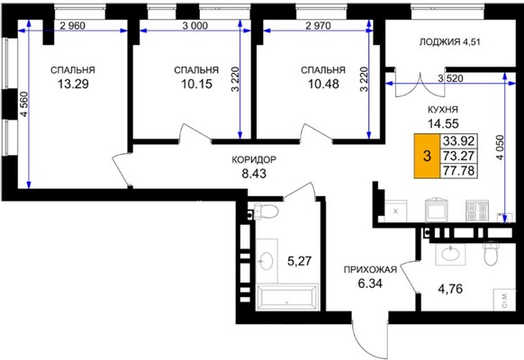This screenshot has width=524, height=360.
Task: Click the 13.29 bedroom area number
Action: [x=73, y=84]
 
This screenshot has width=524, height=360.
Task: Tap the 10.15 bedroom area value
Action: [x=196, y=84]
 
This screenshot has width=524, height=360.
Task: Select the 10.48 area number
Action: [x=323, y=84]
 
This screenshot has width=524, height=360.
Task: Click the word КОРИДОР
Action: [x=254, y=159]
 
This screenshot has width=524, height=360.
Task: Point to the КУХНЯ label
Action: [x=443, y=110]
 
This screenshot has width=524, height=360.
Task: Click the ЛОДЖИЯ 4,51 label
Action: [x=450, y=42]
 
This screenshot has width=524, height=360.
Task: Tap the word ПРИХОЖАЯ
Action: [x=370, y=269]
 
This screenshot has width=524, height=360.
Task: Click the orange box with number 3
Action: [x=427, y=156]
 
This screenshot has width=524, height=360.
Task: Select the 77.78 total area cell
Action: [x=458, y=171]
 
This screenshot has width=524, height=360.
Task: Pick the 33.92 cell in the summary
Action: [x=458, y=141]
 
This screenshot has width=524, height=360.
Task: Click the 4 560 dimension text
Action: [x=24, y=104]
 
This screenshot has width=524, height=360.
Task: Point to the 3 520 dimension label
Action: [x=451, y=78]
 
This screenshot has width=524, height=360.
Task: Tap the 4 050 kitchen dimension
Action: [x=500, y=148]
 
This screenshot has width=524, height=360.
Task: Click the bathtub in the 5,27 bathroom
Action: [x=287, y=296]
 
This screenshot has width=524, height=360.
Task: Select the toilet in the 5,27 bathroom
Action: [x=266, y=211]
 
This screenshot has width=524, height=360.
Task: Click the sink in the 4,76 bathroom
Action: [x=450, y=253]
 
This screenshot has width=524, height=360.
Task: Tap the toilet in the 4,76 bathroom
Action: [x=491, y=253]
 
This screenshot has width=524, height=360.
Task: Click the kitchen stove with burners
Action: [x=477, y=211]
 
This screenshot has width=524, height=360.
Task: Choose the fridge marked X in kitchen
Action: [x=395, y=211]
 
